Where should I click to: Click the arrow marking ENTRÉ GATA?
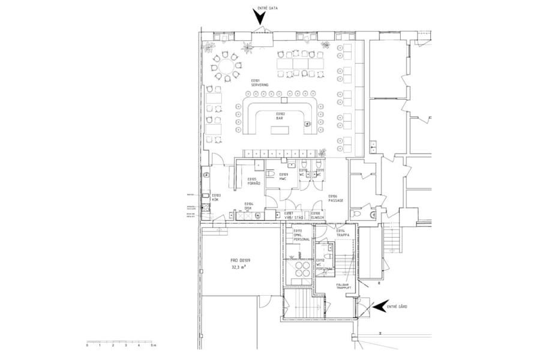[260, 17]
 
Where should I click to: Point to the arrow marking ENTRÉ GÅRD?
[379, 307]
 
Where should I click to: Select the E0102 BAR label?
[280, 116]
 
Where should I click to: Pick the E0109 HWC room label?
[283, 177]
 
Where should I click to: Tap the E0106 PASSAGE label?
[336, 199]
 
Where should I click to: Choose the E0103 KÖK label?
[216, 197]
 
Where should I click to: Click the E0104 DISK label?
[248, 206]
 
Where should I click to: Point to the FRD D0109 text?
[239, 260]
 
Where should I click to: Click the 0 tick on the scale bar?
[87, 342]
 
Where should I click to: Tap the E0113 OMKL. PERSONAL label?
[301, 236]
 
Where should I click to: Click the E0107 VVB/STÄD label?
[289, 215]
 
